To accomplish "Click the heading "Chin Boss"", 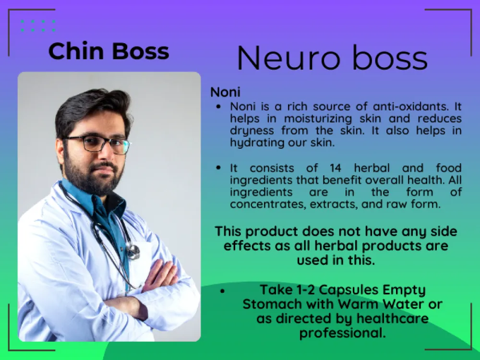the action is point(108,51).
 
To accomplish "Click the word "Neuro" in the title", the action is point(288,58).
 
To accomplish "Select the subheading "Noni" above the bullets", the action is point(225,92).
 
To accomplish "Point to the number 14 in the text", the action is point(336,168).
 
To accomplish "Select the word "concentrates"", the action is point(268,204).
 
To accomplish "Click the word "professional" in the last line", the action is point(342,333).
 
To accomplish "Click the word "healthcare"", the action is point(393,318).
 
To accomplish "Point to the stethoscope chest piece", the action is point(133,251).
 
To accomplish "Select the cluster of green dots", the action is point(38,26).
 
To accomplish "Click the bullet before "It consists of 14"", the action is point(218,168).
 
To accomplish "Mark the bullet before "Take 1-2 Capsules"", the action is point(223,291).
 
